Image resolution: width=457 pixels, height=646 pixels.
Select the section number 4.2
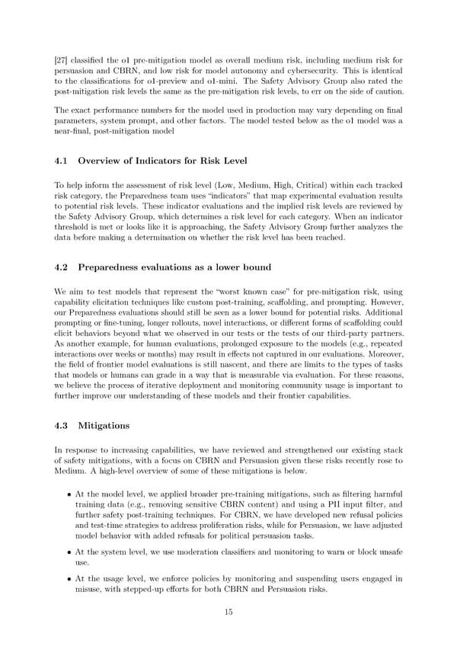click(63, 267)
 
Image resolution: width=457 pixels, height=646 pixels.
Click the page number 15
click(228, 612)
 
